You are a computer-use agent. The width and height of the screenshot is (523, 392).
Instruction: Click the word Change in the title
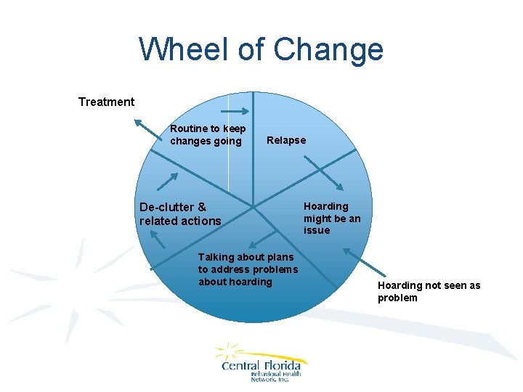tap(329, 49)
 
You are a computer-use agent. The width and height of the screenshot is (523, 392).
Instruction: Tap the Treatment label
tap(106, 102)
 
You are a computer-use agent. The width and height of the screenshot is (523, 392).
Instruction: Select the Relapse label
tap(286, 140)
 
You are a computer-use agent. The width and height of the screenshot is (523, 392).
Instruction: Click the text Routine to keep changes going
tap(207, 135)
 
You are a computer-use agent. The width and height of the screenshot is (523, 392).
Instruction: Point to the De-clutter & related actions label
tap(179, 214)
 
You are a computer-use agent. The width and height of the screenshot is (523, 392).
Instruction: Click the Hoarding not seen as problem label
tap(429, 292)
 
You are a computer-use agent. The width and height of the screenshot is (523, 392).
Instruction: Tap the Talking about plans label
tap(247, 269)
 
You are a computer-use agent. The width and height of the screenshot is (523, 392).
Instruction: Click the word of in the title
tap(251, 49)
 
